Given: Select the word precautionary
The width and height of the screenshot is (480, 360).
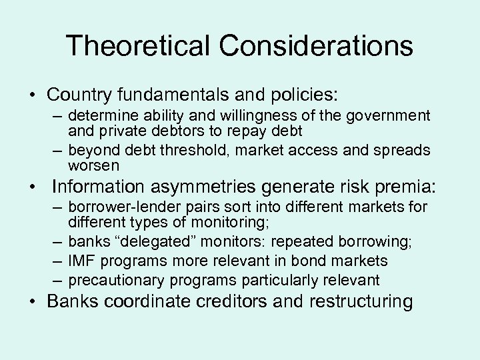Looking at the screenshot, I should tap(109, 279).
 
